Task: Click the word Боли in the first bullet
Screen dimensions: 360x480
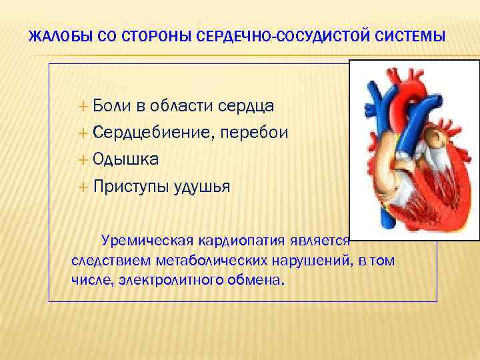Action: pos(111,105)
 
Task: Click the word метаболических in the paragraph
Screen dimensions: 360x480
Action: pos(208,260)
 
